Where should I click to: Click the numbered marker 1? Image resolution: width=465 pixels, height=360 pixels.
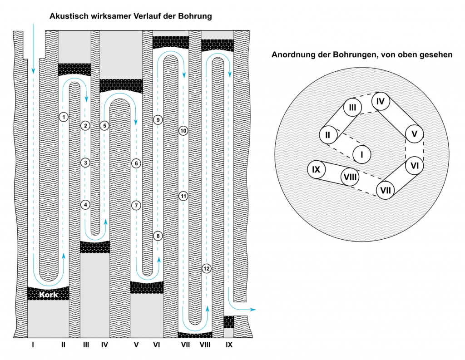click(64, 117)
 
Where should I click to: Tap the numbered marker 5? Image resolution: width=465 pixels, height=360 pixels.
click(104, 125)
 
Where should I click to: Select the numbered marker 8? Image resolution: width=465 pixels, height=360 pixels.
click(158, 236)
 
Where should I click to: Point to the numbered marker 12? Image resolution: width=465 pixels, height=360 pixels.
click(207, 268)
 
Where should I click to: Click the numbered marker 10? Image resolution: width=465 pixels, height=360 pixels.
click(183, 131)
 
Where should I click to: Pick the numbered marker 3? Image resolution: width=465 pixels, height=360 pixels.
click(85, 162)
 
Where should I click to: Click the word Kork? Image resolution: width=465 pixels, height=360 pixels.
click(49, 294)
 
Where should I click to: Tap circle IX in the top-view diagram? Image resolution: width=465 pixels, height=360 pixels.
click(317, 170)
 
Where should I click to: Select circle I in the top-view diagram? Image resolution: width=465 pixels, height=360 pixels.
click(362, 154)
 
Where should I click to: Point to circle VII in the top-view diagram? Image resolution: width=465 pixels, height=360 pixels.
click(386, 189)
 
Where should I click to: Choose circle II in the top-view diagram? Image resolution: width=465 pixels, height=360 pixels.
click(328, 134)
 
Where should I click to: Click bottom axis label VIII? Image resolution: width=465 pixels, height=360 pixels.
click(205, 345)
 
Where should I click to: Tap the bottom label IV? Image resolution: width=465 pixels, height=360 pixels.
click(105, 345)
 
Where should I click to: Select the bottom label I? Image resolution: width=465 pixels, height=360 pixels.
click(33, 345)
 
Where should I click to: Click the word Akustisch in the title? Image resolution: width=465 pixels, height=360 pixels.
click(69, 16)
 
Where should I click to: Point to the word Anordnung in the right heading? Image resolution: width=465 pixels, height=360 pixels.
click(292, 55)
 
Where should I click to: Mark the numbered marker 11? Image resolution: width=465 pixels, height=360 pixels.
click(183, 196)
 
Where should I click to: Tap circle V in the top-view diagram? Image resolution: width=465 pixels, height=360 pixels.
click(414, 134)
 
